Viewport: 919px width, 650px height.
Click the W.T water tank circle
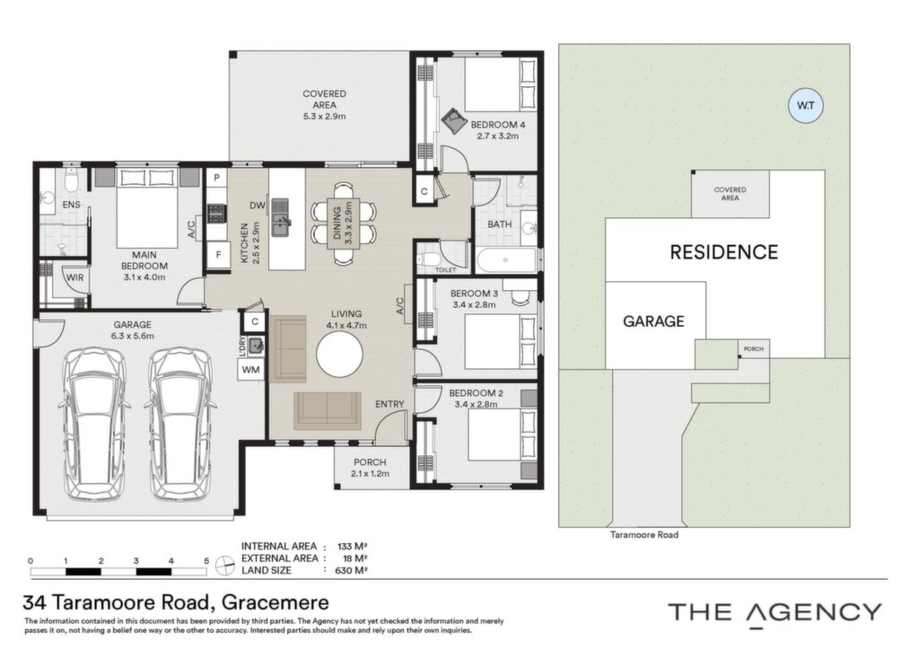(x=806, y=106)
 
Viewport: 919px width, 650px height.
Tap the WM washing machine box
(x=251, y=370)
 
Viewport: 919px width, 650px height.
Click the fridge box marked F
(x=218, y=255)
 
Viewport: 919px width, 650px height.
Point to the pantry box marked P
(x=216, y=178)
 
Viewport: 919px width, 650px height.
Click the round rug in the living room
(x=339, y=355)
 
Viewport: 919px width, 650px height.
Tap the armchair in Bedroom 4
(x=453, y=121)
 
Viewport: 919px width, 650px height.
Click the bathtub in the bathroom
(x=506, y=260)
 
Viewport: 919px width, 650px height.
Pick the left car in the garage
(x=94, y=424)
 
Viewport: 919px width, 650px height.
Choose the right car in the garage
(x=179, y=424)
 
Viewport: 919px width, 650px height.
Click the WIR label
(x=74, y=277)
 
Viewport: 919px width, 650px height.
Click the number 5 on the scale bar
(x=206, y=561)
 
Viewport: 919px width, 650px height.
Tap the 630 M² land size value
(x=352, y=570)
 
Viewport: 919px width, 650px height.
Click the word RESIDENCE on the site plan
(x=724, y=252)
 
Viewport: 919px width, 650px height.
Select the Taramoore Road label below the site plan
(x=644, y=534)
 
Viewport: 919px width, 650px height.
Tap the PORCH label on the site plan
(x=754, y=348)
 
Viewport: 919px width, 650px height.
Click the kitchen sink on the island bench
(x=281, y=217)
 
